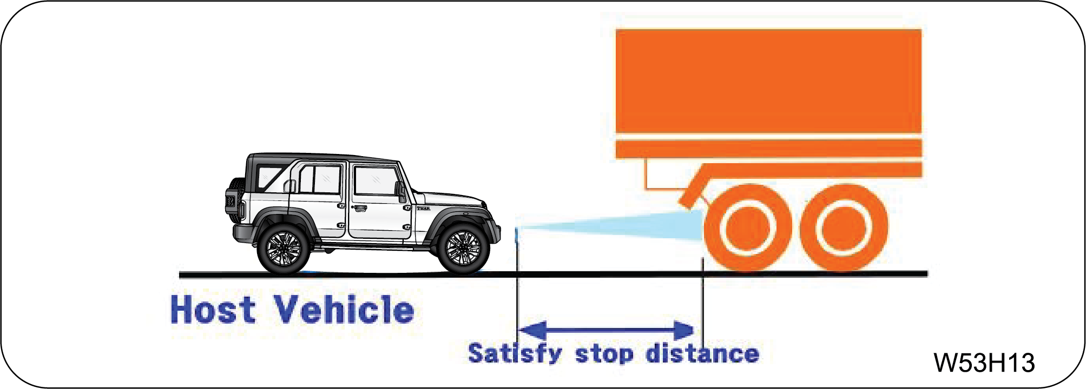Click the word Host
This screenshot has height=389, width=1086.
coord(213,310)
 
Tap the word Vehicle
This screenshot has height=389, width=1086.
coord(344,310)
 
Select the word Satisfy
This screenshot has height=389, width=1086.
coord(515,354)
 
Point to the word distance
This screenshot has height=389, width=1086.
coord(703,353)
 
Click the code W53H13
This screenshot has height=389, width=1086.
coord(984,363)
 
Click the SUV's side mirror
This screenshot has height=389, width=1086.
coord(400,191)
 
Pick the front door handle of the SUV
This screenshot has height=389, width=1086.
coord(360,208)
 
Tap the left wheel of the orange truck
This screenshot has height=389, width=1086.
coord(748,227)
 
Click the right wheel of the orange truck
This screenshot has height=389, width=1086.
coord(844,227)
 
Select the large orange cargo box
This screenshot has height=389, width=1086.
coord(768,81)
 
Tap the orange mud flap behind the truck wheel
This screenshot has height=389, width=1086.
coord(694,187)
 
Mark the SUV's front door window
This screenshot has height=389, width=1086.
coord(376,180)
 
